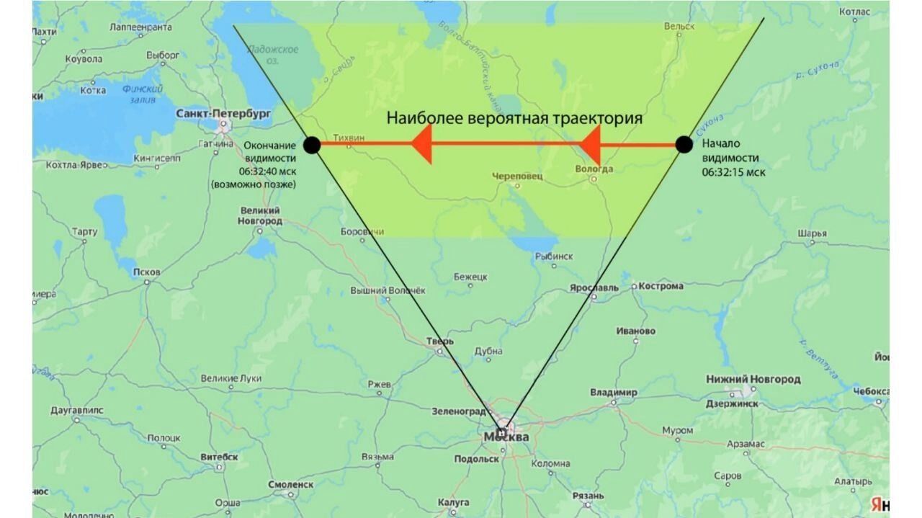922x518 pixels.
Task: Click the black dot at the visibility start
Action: click(x=684, y=144)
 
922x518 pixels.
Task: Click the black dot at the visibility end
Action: click(x=311, y=145)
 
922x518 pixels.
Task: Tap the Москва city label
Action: click(x=506, y=437)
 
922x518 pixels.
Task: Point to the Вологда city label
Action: click(x=594, y=169)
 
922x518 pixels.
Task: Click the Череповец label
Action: click(x=517, y=176)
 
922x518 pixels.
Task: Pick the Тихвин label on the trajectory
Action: click(x=349, y=137)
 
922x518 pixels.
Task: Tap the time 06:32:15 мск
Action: click(x=733, y=172)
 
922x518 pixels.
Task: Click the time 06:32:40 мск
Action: click(x=267, y=171)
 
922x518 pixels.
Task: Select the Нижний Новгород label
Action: click(x=753, y=379)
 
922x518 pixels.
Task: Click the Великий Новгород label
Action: click(x=259, y=215)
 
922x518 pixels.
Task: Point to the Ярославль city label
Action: click(x=594, y=287)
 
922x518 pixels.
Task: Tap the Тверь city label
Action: click(x=440, y=341)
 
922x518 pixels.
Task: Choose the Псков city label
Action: click(x=147, y=272)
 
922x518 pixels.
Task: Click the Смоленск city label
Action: click(x=290, y=485)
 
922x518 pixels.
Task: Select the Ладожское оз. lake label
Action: click(x=272, y=55)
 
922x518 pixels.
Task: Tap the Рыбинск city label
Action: click(x=554, y=256)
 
